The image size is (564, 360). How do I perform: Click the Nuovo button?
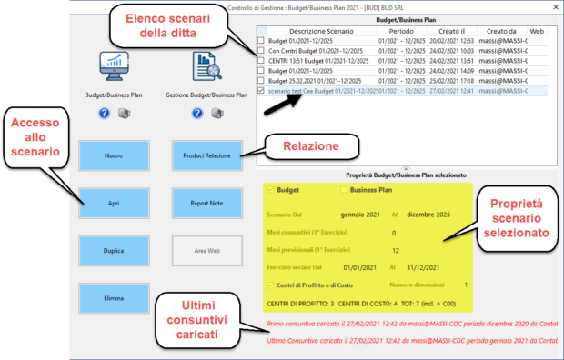(x=113, y=155)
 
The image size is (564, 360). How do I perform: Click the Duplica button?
(x=113, y=250)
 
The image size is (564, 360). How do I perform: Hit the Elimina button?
(x=113, y=297)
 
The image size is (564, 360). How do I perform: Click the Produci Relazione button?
(x=206, y=155)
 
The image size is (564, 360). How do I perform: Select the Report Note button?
(x=206, y=203)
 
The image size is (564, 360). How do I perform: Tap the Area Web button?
(x=206, y=250)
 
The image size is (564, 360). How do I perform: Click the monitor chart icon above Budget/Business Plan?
(x=114, y=66)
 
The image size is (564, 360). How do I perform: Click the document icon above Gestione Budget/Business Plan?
(x=206, y=66)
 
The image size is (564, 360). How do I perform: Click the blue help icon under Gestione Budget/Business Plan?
(x=196, y=114)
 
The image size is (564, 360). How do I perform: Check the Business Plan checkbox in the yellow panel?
(x=343, y=190)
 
